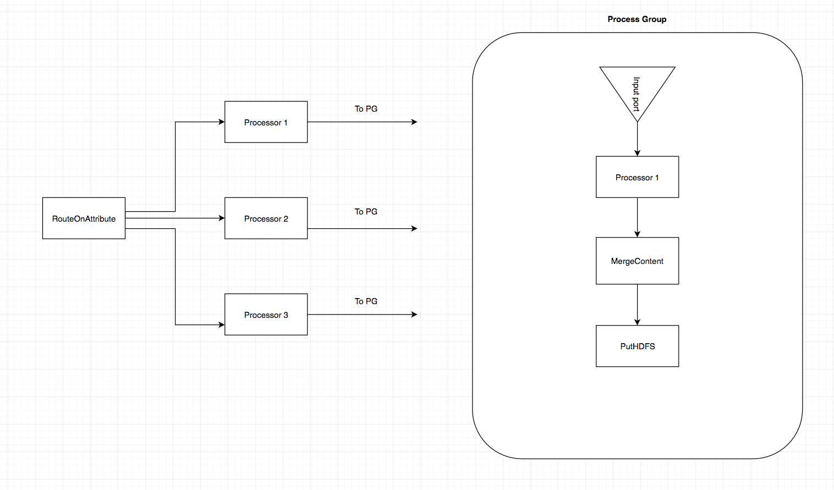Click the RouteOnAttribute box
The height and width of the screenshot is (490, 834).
84,218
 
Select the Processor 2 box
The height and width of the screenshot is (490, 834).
266,218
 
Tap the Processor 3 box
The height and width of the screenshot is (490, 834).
266,315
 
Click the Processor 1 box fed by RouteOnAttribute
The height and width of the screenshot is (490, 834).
266,122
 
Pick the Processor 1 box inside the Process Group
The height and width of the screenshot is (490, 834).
637,177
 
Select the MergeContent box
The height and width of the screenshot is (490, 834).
637,261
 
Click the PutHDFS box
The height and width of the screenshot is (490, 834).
637,346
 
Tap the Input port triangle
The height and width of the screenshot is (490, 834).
637,88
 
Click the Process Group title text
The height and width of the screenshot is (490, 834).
637,19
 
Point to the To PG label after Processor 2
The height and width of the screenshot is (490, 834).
366,212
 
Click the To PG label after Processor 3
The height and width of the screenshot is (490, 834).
366,301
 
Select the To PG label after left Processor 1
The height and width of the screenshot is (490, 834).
366,109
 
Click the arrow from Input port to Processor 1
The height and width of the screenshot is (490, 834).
637,139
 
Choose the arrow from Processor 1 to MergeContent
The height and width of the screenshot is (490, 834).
637,217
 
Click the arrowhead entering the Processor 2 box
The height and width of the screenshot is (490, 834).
221,218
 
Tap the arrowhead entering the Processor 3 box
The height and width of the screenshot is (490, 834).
221,324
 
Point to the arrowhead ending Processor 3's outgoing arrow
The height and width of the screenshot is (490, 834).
414,315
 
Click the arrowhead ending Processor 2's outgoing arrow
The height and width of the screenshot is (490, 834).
414,228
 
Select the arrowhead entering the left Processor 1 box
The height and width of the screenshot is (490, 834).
221,122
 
